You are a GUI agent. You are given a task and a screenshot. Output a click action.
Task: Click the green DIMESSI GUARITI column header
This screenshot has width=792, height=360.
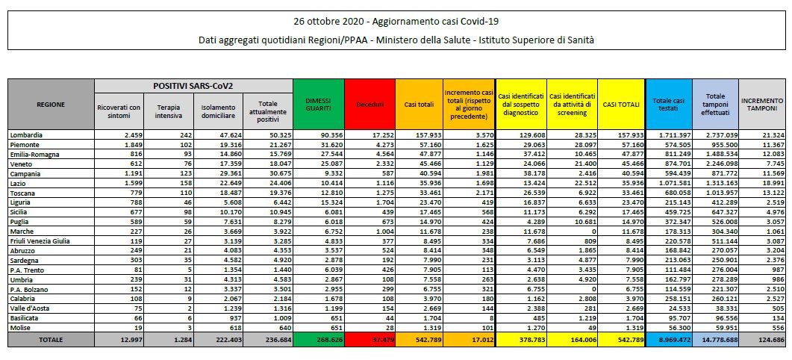pos(318,105)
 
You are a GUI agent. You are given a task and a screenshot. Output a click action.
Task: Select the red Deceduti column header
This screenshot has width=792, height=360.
pos(370,105)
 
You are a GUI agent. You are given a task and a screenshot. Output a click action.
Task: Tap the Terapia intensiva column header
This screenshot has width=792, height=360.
pos(169,111)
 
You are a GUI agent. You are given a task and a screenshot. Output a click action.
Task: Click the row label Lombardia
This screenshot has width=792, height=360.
pos(26,135)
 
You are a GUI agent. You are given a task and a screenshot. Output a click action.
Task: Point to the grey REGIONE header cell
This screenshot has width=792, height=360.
pos(51,105)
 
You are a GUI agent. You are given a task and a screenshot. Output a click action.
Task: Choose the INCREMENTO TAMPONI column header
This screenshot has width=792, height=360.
pos(763,105)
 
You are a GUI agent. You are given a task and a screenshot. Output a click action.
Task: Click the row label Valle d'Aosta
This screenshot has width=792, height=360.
pos(29,308)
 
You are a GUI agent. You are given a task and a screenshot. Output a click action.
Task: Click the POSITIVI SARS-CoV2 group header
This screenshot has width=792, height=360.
pos(193,86)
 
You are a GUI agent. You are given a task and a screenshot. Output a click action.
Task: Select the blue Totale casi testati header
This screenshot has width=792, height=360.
pos(668,105)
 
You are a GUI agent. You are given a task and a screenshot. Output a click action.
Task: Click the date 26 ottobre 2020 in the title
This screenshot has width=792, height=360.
pos(325,21)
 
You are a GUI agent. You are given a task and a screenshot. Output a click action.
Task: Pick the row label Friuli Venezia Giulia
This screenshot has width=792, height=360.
pos(40,241)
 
